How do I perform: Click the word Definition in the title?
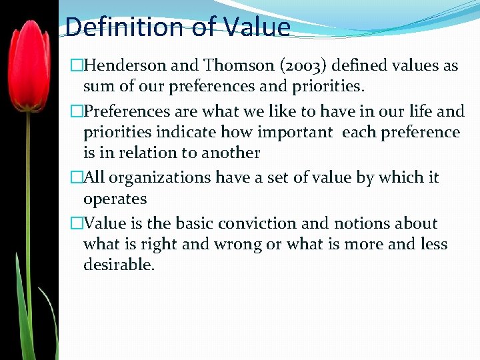(x=115, y=27)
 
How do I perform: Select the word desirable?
(x=119, y=265)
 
